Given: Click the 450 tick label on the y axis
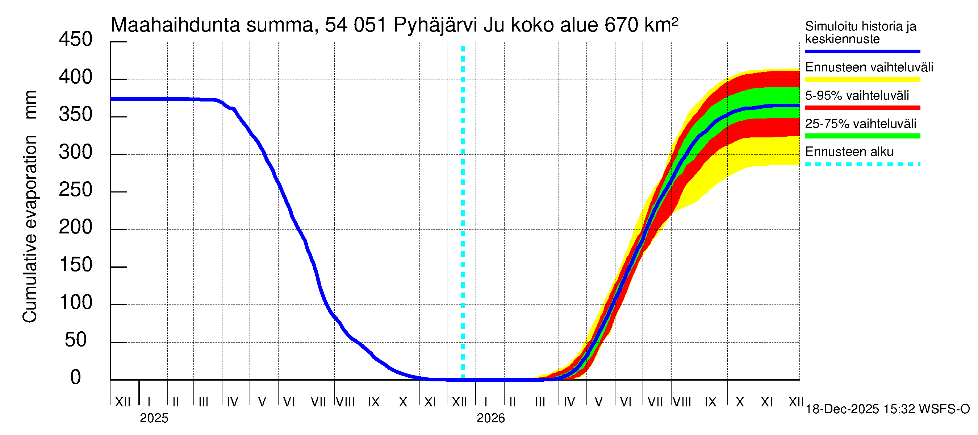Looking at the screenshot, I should tap(76, 40).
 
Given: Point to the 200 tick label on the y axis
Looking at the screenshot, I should tap(76, 227).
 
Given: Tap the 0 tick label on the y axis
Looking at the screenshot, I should tap(76, 377).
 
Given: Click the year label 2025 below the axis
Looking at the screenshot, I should tap(154, 418).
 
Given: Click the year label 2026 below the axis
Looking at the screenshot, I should tap(490, 418).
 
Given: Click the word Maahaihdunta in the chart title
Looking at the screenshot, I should tap(175, 25).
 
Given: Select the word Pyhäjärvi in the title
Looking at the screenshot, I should tap(435, 25).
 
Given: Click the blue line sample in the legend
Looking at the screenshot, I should tap(862, 51).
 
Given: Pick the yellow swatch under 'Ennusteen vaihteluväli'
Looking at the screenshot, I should tap(862, 80).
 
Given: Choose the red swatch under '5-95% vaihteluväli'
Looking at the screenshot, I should tap(862, 108).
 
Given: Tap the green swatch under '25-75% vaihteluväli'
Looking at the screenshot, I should tap(862, 136).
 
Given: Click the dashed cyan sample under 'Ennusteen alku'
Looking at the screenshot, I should tap(862, 165).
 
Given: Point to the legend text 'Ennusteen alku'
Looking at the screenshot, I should tap(849, 152).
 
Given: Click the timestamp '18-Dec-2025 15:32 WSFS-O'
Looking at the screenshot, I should tap(887, 409).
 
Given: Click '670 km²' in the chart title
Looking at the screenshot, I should tap(641, 25).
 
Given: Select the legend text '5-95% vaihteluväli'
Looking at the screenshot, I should tap(857, 95).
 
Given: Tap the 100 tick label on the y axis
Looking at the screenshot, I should tap(76, 302).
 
